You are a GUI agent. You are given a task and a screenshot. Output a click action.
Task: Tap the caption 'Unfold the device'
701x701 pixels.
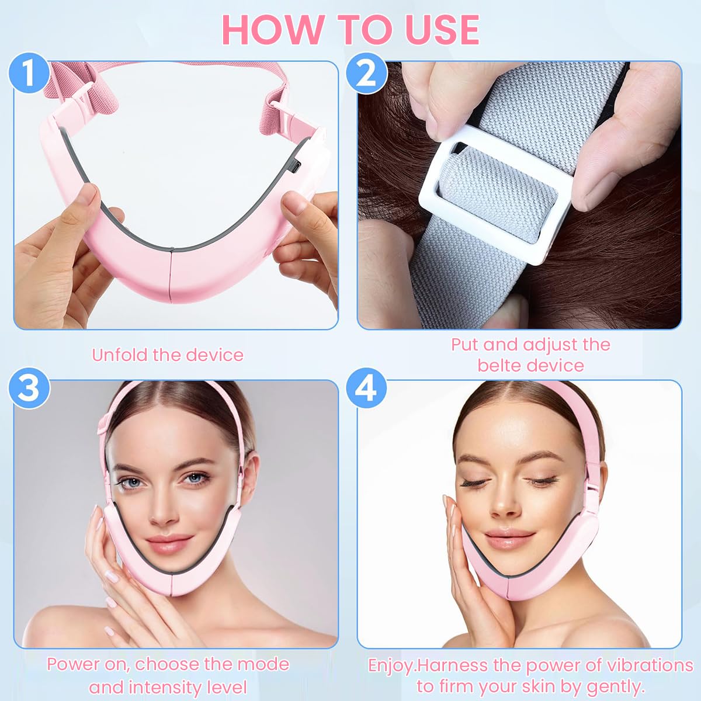click(x=168, y=355)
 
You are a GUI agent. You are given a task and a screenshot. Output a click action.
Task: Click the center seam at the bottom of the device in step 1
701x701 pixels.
click(x=171, y=269)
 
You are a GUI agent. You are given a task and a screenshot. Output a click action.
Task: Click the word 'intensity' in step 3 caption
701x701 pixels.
click(x=168, y=686)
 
